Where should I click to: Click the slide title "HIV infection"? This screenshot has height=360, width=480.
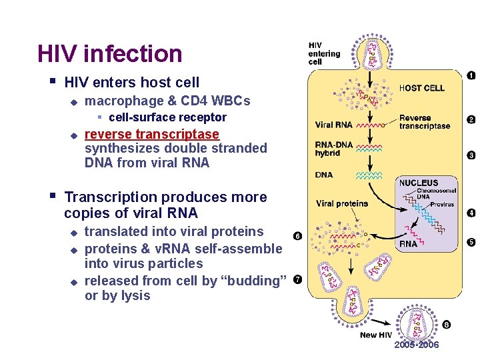pyautogui.click(x=109, y=54)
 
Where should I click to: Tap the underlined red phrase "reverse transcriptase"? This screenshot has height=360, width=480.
pyautogui.click(x=152, y=134)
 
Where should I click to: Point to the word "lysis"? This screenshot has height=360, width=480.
pyautogui.click(x=135, y=295)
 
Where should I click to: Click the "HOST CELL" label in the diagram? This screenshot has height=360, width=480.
pyautogui.click(x=421, y=88)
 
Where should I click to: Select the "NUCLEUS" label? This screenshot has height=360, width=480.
pyautogui.click(x=419, y=183)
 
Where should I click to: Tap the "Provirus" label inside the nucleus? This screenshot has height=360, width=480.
pyautogui.click(x=441, y=204)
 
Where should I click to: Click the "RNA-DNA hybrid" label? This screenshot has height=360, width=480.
pyautogui.click(x=328, y=149)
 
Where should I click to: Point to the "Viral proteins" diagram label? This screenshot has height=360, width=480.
pyautogui.click(x=342, y=203)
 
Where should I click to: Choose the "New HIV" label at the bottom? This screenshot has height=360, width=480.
pyautogui.click(x=377, y=335)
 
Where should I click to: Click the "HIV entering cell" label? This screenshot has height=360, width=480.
pyautogui.click(x=324, y=53)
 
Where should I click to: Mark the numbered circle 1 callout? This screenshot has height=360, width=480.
pyautogui.click(x=471, y=75)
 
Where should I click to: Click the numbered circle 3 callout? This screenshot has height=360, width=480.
pyautogui.click(x=471, y=155)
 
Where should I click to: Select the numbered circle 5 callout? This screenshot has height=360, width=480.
pyautogui.click(x=471, y=242)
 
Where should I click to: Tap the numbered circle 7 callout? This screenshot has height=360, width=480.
pyautogui.click(x=297, y=279)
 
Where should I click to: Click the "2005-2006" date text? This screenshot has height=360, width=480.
pyautogui.click(x=417, y=345)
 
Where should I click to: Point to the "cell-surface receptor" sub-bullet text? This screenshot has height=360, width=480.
pyautogui.click(x=167, y=117)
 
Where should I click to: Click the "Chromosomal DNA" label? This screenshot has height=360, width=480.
pyautogui.click(x=433, y=193)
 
